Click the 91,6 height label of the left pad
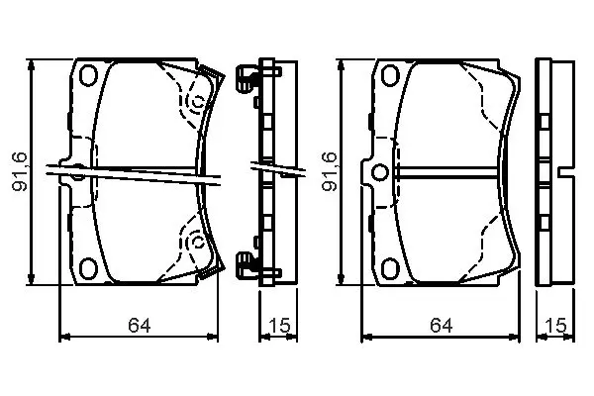point(20,171)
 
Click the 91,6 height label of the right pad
point(329,171)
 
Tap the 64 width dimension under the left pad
point(139,325)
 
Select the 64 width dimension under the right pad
point(441,325)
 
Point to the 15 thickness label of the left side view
point(279,325)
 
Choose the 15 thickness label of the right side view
point(555,325)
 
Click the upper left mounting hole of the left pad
point(88,75)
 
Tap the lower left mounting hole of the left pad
point(88,267)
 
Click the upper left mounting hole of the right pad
point(390,75)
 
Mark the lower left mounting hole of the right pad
point(390,267)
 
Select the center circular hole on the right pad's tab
point(380,172)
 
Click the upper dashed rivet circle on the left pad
point(197,102)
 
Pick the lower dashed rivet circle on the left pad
point(197,241)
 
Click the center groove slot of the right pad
point(447,172)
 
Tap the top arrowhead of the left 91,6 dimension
point(32,66)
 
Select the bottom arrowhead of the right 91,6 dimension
point(341,278)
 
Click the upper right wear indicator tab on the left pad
point(212,76)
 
